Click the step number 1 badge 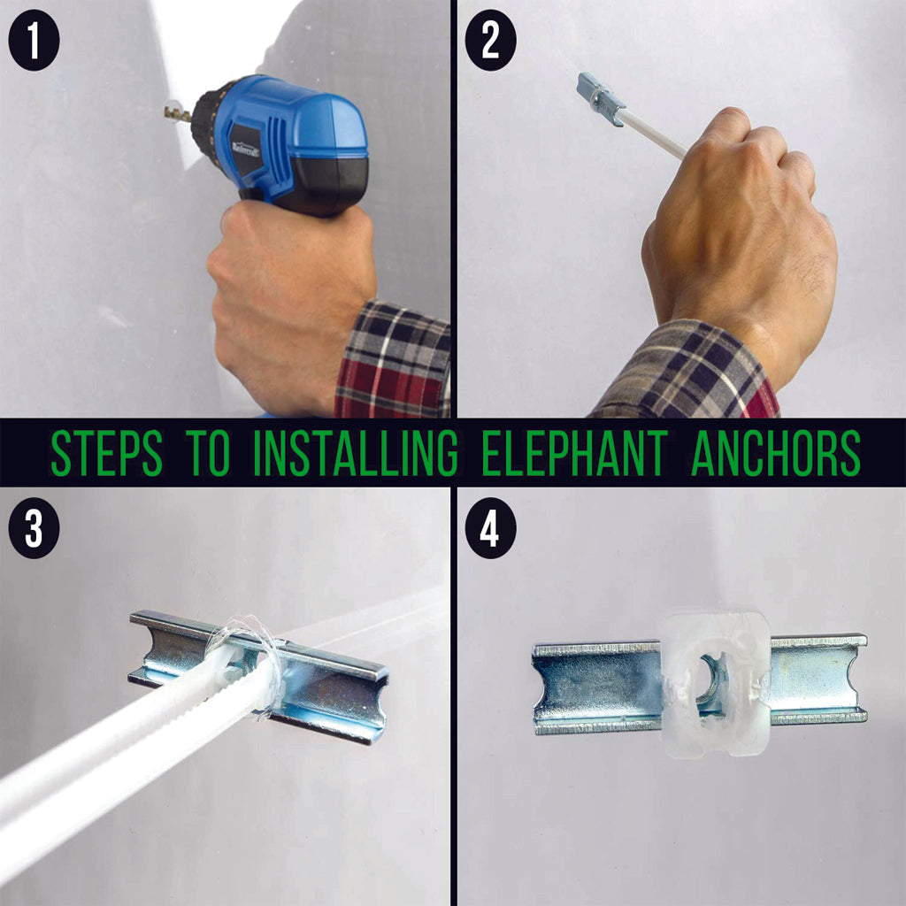(x=34, y=42)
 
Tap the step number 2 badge (x=490, y=42)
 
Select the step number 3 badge (x=34, y=532)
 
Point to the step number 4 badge (x=490, y=532)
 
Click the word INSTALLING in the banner (x=354, y=453)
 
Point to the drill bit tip (x=171, y=111)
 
